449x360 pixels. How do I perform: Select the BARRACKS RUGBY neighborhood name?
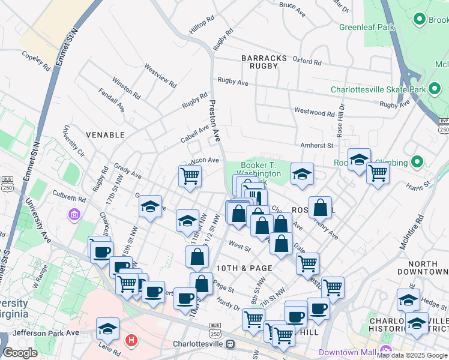(x=260, y=62)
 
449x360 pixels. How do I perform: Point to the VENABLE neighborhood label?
(x=105, y=135)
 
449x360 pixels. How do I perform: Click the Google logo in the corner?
(x=20, y=353)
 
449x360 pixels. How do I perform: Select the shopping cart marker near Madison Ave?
(x=190, y=176)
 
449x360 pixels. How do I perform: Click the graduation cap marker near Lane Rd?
(x=107, y=328)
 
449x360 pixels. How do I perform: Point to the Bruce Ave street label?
(x=292, y=5)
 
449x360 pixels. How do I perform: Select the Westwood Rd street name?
(x=314, y=112)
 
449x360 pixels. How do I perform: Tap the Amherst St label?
(x=316, y=145)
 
